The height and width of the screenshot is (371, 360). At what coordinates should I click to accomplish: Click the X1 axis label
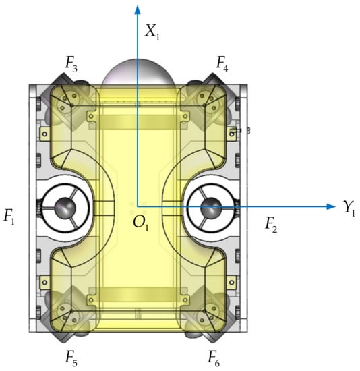click(x=152, y=32)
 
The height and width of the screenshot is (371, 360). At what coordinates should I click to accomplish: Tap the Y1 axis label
click(x=349, y=208)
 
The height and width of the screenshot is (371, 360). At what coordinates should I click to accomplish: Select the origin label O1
click(x=141, y=223)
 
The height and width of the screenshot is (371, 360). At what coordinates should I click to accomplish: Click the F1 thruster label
click(x=9, y=217)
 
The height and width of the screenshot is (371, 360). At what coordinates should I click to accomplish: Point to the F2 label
click(x=271, y=225)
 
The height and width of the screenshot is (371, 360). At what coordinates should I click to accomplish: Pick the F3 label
click(x=71, y=64)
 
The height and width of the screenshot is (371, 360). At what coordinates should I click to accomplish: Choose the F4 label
click(x=222, y=64)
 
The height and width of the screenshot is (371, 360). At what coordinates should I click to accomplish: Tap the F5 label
click(x=71, y=358)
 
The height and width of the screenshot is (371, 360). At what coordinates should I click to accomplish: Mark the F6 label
click(x=213, y=358)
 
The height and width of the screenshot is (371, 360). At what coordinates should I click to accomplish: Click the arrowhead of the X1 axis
click(x=137, y=10)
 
